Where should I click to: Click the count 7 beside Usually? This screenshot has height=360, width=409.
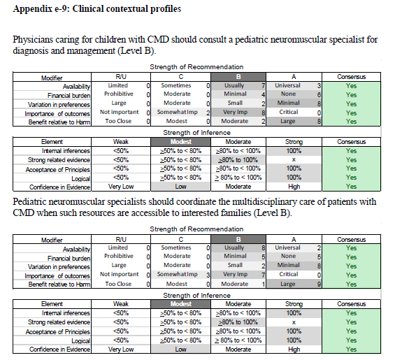[263, 86]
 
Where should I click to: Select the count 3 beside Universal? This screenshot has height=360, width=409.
[319, 86]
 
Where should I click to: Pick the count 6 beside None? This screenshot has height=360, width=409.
[319, 94]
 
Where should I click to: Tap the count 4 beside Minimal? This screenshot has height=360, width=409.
[263, 94]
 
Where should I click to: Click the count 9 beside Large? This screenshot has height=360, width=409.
[319, 284]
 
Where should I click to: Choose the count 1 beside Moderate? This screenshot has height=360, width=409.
[264, 284]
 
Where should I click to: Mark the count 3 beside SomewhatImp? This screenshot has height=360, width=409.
[208, 275]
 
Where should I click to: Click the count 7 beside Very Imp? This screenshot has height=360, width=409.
[263, 275]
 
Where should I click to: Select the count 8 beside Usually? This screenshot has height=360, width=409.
[263, 248]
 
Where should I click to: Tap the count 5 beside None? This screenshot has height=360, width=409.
[319, 257]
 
